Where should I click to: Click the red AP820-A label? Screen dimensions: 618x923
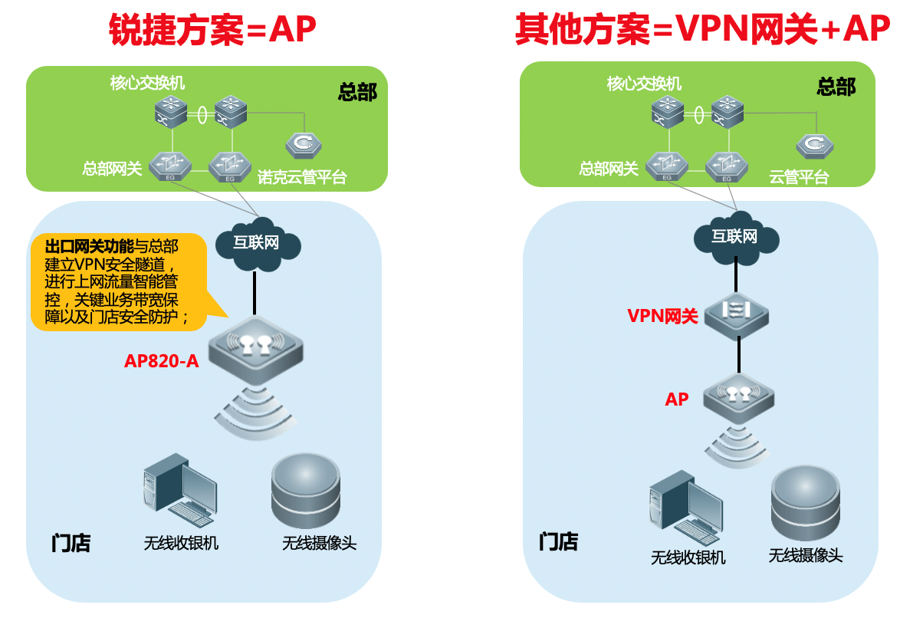(x=161, y=360)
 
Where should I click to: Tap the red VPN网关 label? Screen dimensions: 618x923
(x=662, y=315)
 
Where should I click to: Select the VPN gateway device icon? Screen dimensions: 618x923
(x=737, y=312)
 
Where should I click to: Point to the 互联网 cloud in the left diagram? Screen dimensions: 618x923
(x=256, y=244)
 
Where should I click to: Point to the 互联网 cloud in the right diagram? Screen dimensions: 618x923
(x=734, y=236)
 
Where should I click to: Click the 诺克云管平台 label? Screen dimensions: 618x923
(x=302, y=178)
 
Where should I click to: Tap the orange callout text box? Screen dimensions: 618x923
(x=119, y=282)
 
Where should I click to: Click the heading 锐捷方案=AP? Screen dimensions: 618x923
(x=212, y=31)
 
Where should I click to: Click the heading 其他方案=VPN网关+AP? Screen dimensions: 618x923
(x=702, y=31)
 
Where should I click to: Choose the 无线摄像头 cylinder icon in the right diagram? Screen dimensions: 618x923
(x=805, y=503)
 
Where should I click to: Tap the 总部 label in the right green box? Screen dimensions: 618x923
(x=836, y=87)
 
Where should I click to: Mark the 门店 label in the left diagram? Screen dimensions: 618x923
(x=71, y=543)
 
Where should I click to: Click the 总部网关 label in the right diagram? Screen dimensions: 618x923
(x=608, y=168)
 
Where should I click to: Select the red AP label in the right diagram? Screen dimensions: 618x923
(x=676, y=399)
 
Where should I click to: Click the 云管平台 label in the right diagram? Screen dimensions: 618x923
(x=799, y=178)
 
